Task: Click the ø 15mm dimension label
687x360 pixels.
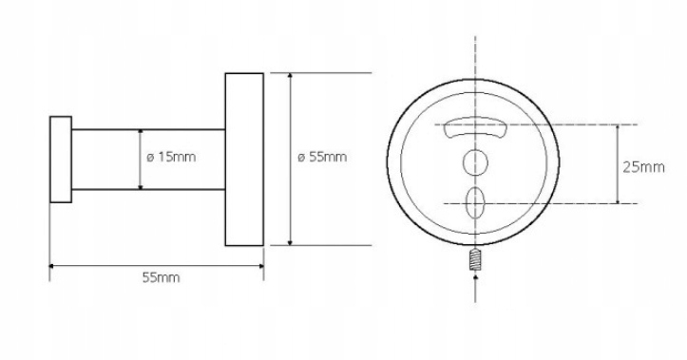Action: [171, 157]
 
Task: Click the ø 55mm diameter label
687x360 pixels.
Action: [322, 157]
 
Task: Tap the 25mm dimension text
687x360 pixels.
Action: [643, 167]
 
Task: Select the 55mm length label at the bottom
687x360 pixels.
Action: [161, 277]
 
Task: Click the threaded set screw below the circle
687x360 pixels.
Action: [475, 258]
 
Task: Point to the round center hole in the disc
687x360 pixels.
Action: [475, 162]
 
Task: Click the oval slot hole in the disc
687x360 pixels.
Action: [475, 202]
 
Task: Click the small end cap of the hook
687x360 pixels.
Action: [61, 160]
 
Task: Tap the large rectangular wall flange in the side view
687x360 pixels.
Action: [244, 160]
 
